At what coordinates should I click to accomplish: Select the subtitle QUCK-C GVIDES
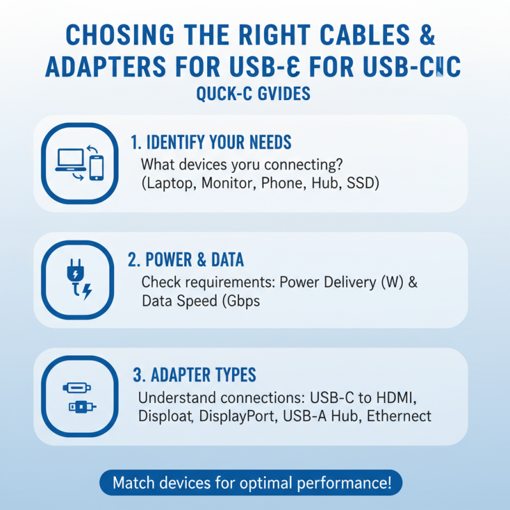click(254, 94)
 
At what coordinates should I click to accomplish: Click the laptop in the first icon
click(71, 159)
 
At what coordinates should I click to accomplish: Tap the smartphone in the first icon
click(96, 167)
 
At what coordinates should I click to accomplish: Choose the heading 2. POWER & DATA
click(186, 260)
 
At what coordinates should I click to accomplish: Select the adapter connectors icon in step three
click(77, 396)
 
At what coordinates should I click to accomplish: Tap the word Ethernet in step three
click(402, 416)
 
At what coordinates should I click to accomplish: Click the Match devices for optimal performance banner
click(251, 483)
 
